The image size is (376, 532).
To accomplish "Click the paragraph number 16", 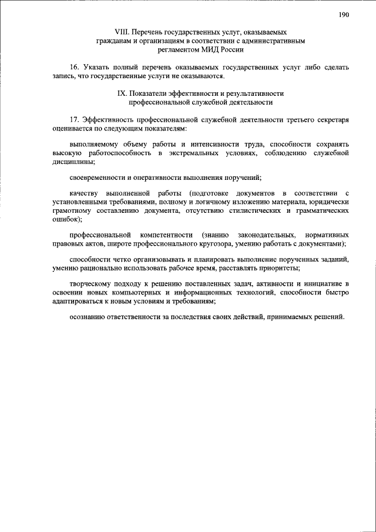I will coord(73,68).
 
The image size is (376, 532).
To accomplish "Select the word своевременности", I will coord(98,178).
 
